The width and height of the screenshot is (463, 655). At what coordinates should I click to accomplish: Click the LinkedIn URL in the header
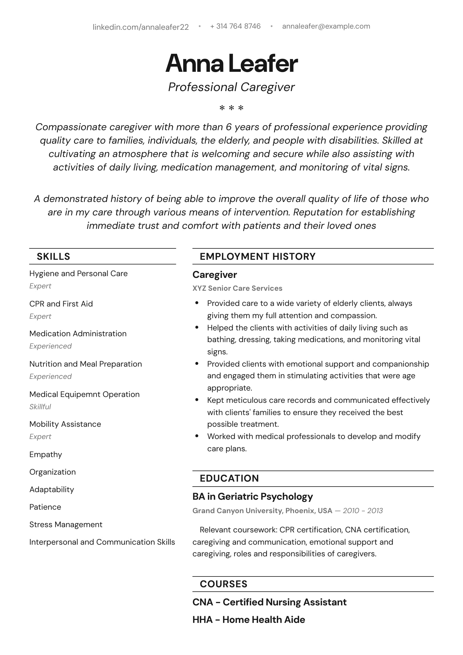point(141,27)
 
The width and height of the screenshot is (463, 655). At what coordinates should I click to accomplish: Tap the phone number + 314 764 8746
point(235,26)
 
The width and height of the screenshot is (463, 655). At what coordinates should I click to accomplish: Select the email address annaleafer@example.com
point(326,26)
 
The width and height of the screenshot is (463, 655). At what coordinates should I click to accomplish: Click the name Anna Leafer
point(232,63)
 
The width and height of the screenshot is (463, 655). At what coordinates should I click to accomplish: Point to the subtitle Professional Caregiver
point(232,87)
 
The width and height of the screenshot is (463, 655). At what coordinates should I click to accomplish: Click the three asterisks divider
point(232,108)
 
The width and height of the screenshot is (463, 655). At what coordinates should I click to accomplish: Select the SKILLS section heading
point(53,257)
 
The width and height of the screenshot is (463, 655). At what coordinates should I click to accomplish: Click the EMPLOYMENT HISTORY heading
point(258,257)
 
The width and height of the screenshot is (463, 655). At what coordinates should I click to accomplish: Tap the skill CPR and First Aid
point(61,304)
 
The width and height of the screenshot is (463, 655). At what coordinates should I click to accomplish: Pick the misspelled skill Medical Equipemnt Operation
point(85,394)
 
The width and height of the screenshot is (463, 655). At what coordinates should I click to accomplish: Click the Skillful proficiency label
point(40,407)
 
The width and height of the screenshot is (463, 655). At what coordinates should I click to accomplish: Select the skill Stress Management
point(66,525)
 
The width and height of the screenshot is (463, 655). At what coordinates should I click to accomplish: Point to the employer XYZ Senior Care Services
point(237,288)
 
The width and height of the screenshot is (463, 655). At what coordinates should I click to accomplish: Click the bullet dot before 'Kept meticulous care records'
point(197,400)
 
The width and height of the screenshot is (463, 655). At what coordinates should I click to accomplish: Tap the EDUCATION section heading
point(229,478)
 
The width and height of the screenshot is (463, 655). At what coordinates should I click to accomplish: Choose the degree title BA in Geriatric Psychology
point(252,497)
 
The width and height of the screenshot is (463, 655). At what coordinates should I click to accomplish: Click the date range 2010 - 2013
point(363,511)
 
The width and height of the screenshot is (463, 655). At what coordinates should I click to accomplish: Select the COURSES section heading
point(224,584)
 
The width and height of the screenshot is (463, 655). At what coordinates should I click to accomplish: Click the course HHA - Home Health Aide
point(249,620)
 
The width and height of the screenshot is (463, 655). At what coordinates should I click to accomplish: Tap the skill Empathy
point(46,454)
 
